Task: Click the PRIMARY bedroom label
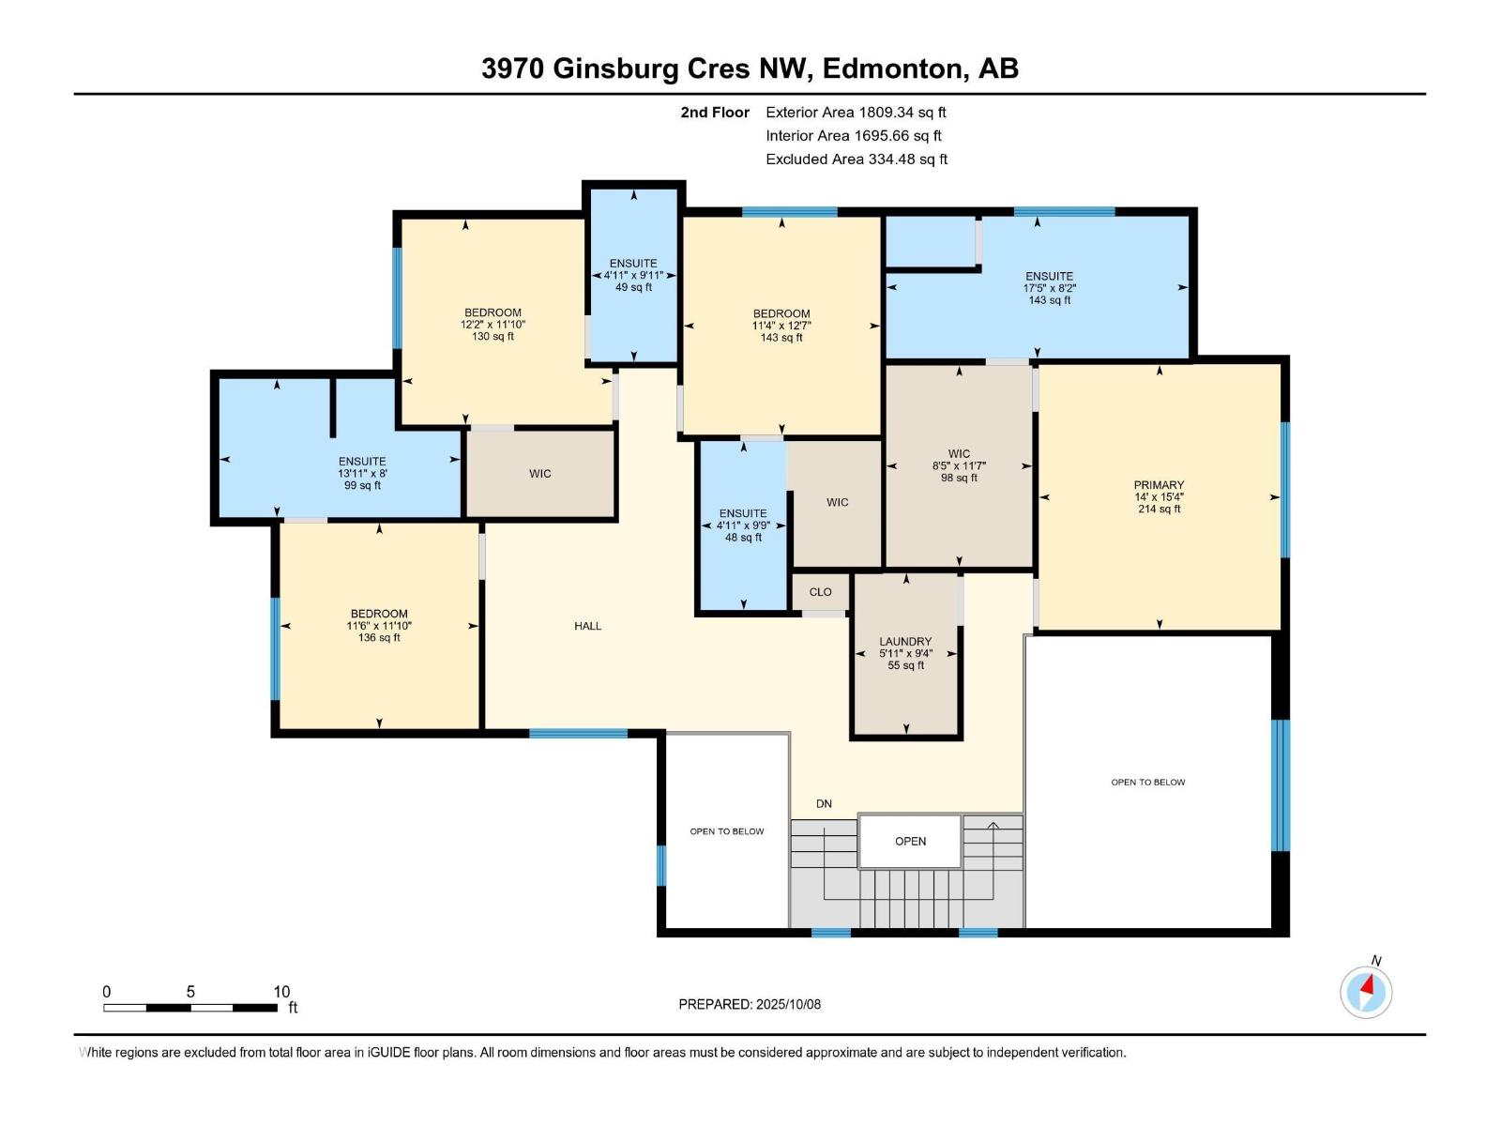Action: pyautogui.click(x=1159, y=485)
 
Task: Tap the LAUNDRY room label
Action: pyautogui.click(x=905, y=642)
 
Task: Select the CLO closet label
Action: pyautogui.click(x=820, y=592)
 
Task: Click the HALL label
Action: pyautogui.click(x=588, y=626)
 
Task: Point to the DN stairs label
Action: pyautogui.click(x=824, y=804)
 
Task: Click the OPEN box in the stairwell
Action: pyautogui.click(x=910, y=841)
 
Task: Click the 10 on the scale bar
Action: pyautogui.click(x=281, y=992)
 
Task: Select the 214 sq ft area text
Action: pyautogui.click(x=1159, y=510)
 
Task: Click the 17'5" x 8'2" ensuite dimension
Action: pyautogui.click(x=1049, y=288)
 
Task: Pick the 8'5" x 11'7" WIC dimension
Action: pyautogui.click(x=959, y=465)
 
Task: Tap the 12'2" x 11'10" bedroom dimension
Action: pyautogui.click(x=493, y=325)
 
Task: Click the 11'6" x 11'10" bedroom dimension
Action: pyautogui.click(x=379, y=626)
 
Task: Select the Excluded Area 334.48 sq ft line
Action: pyautogui.click(x=857, y=160)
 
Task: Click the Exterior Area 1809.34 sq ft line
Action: pyautogui.click(x=856, y=113)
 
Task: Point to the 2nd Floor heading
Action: pyautogui.click(x=715, y=113)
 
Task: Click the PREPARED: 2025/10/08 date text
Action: pyautogui.click(x=750, y=1004)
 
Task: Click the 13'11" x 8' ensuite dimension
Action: pyautogui.click(x=362, y=474)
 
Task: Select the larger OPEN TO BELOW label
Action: pyautogui.click(x=1147, y=783)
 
